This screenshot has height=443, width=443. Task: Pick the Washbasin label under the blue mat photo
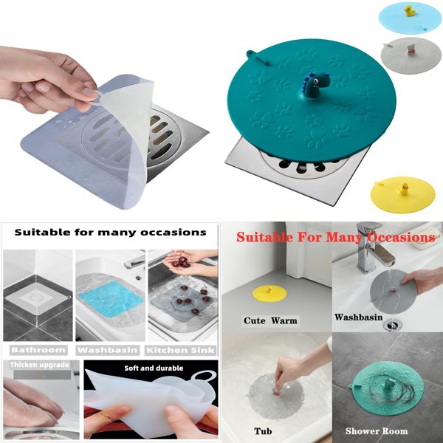point(109,349)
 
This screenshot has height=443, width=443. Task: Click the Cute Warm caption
point(269,320)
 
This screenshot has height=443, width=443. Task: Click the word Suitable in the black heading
point(48,232)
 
